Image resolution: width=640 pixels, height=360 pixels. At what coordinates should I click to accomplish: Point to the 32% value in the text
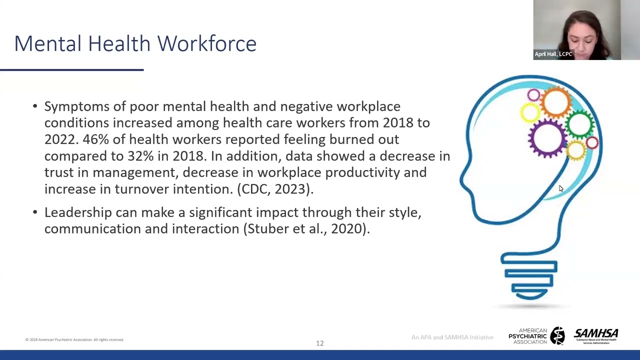click(x=140, y=156)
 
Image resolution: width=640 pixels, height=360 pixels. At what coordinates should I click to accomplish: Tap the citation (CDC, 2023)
click(x=275, y=189)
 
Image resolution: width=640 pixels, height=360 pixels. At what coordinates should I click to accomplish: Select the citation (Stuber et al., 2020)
click(x=306, y=229)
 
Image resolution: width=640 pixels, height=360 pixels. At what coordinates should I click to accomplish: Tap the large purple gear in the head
click(x=547, y=137)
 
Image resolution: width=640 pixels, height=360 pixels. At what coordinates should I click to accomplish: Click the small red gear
click(x=592, y=143)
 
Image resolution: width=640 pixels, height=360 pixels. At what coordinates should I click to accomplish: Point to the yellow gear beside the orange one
click(x=529, y=112)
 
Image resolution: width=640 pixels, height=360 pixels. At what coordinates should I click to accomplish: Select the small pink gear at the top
click(x=533, y=95)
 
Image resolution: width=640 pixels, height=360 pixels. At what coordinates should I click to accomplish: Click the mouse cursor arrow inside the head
click(x=560, y=188)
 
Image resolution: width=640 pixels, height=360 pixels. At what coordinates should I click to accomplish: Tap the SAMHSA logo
click(x=596, y=335)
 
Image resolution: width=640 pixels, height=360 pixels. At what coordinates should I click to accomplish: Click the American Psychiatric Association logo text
click(x=528, y=336)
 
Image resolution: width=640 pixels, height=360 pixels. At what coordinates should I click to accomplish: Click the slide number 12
click(x=319, y=343)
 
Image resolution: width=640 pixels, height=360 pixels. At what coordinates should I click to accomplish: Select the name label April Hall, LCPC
click(x=553, y=54)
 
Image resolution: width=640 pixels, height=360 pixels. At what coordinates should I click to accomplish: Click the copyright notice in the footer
click(x=74, y=339)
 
